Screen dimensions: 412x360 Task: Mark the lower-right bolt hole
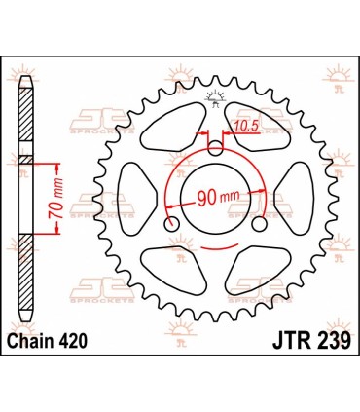pos(259,224)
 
